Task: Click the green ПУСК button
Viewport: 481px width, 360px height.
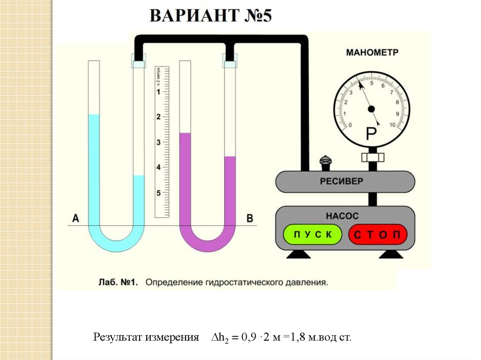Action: click(312, 234)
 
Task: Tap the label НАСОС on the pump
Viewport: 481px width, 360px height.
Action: click(342, 216)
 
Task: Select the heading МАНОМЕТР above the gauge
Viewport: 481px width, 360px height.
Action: click(372, 52)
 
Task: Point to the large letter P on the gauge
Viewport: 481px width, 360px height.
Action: click(372, 135)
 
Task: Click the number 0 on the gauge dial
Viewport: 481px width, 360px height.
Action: click(349, 125)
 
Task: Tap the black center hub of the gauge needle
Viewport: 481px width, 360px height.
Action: click(372, 109)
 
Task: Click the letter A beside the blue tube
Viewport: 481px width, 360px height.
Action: click(75, 218)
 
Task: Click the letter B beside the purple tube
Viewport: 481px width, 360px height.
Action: click(250, 218)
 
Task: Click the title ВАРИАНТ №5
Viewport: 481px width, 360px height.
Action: click(211, 16)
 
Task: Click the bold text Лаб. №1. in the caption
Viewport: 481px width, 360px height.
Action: click(117, 283)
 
